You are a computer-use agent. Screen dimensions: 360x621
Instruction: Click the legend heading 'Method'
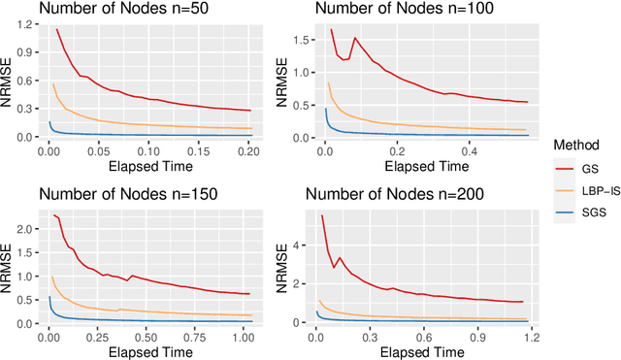tap(575, 144)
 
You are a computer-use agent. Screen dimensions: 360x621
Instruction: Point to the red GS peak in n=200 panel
tap(322, 215)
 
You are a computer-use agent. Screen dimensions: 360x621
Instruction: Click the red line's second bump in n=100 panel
tap(355, 39)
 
